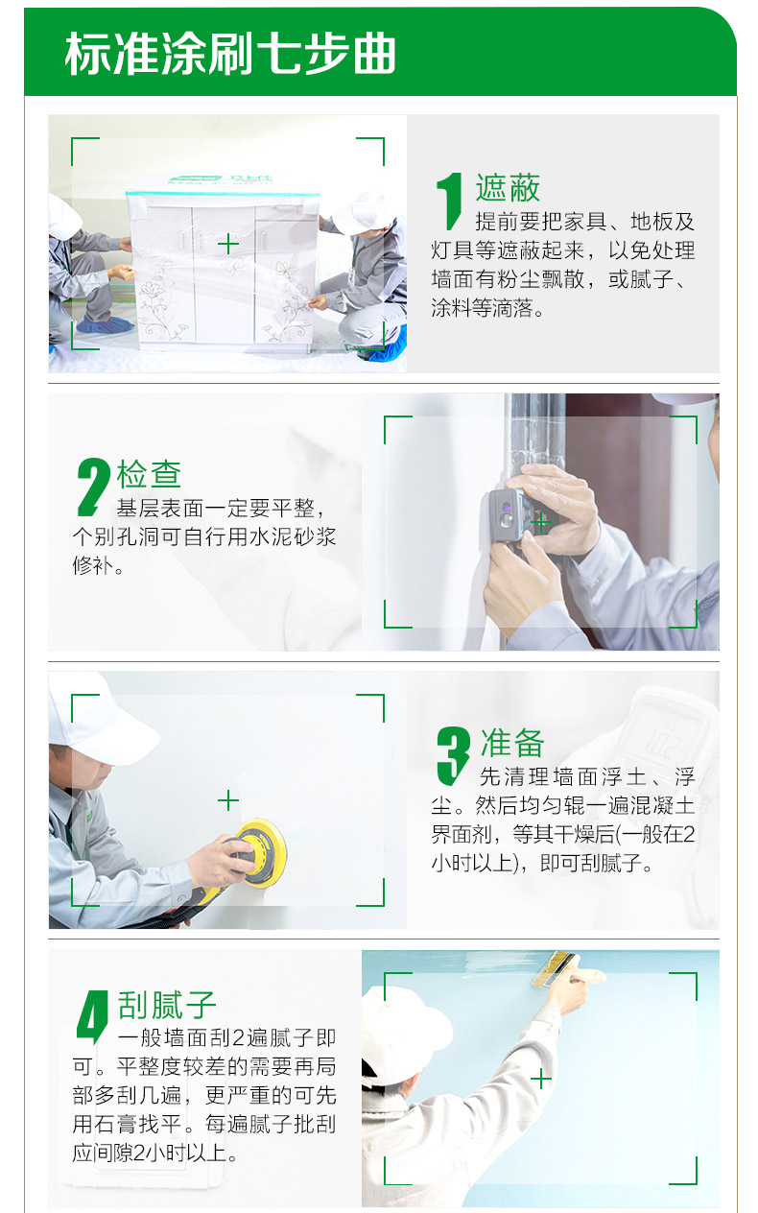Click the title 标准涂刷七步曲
pyautogui.click(x=230, y=55)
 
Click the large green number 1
pyautogui.click(x=449, y=202)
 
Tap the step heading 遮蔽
pyautogui.click(x=508, y=188)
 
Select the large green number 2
pyautogui.click(x=92, y=487)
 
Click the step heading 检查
pyautogui.click(x=149, y=474)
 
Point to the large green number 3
pyautogui.click(x=452, y=755)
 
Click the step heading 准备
pyautogui.click(x=512, y=743)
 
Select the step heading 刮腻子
pyautogui.click(x=167, y=1005)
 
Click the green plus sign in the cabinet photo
pyautogui.click(x=227, y=244)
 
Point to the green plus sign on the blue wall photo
pyautogui.click(x=541, y=1080)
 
